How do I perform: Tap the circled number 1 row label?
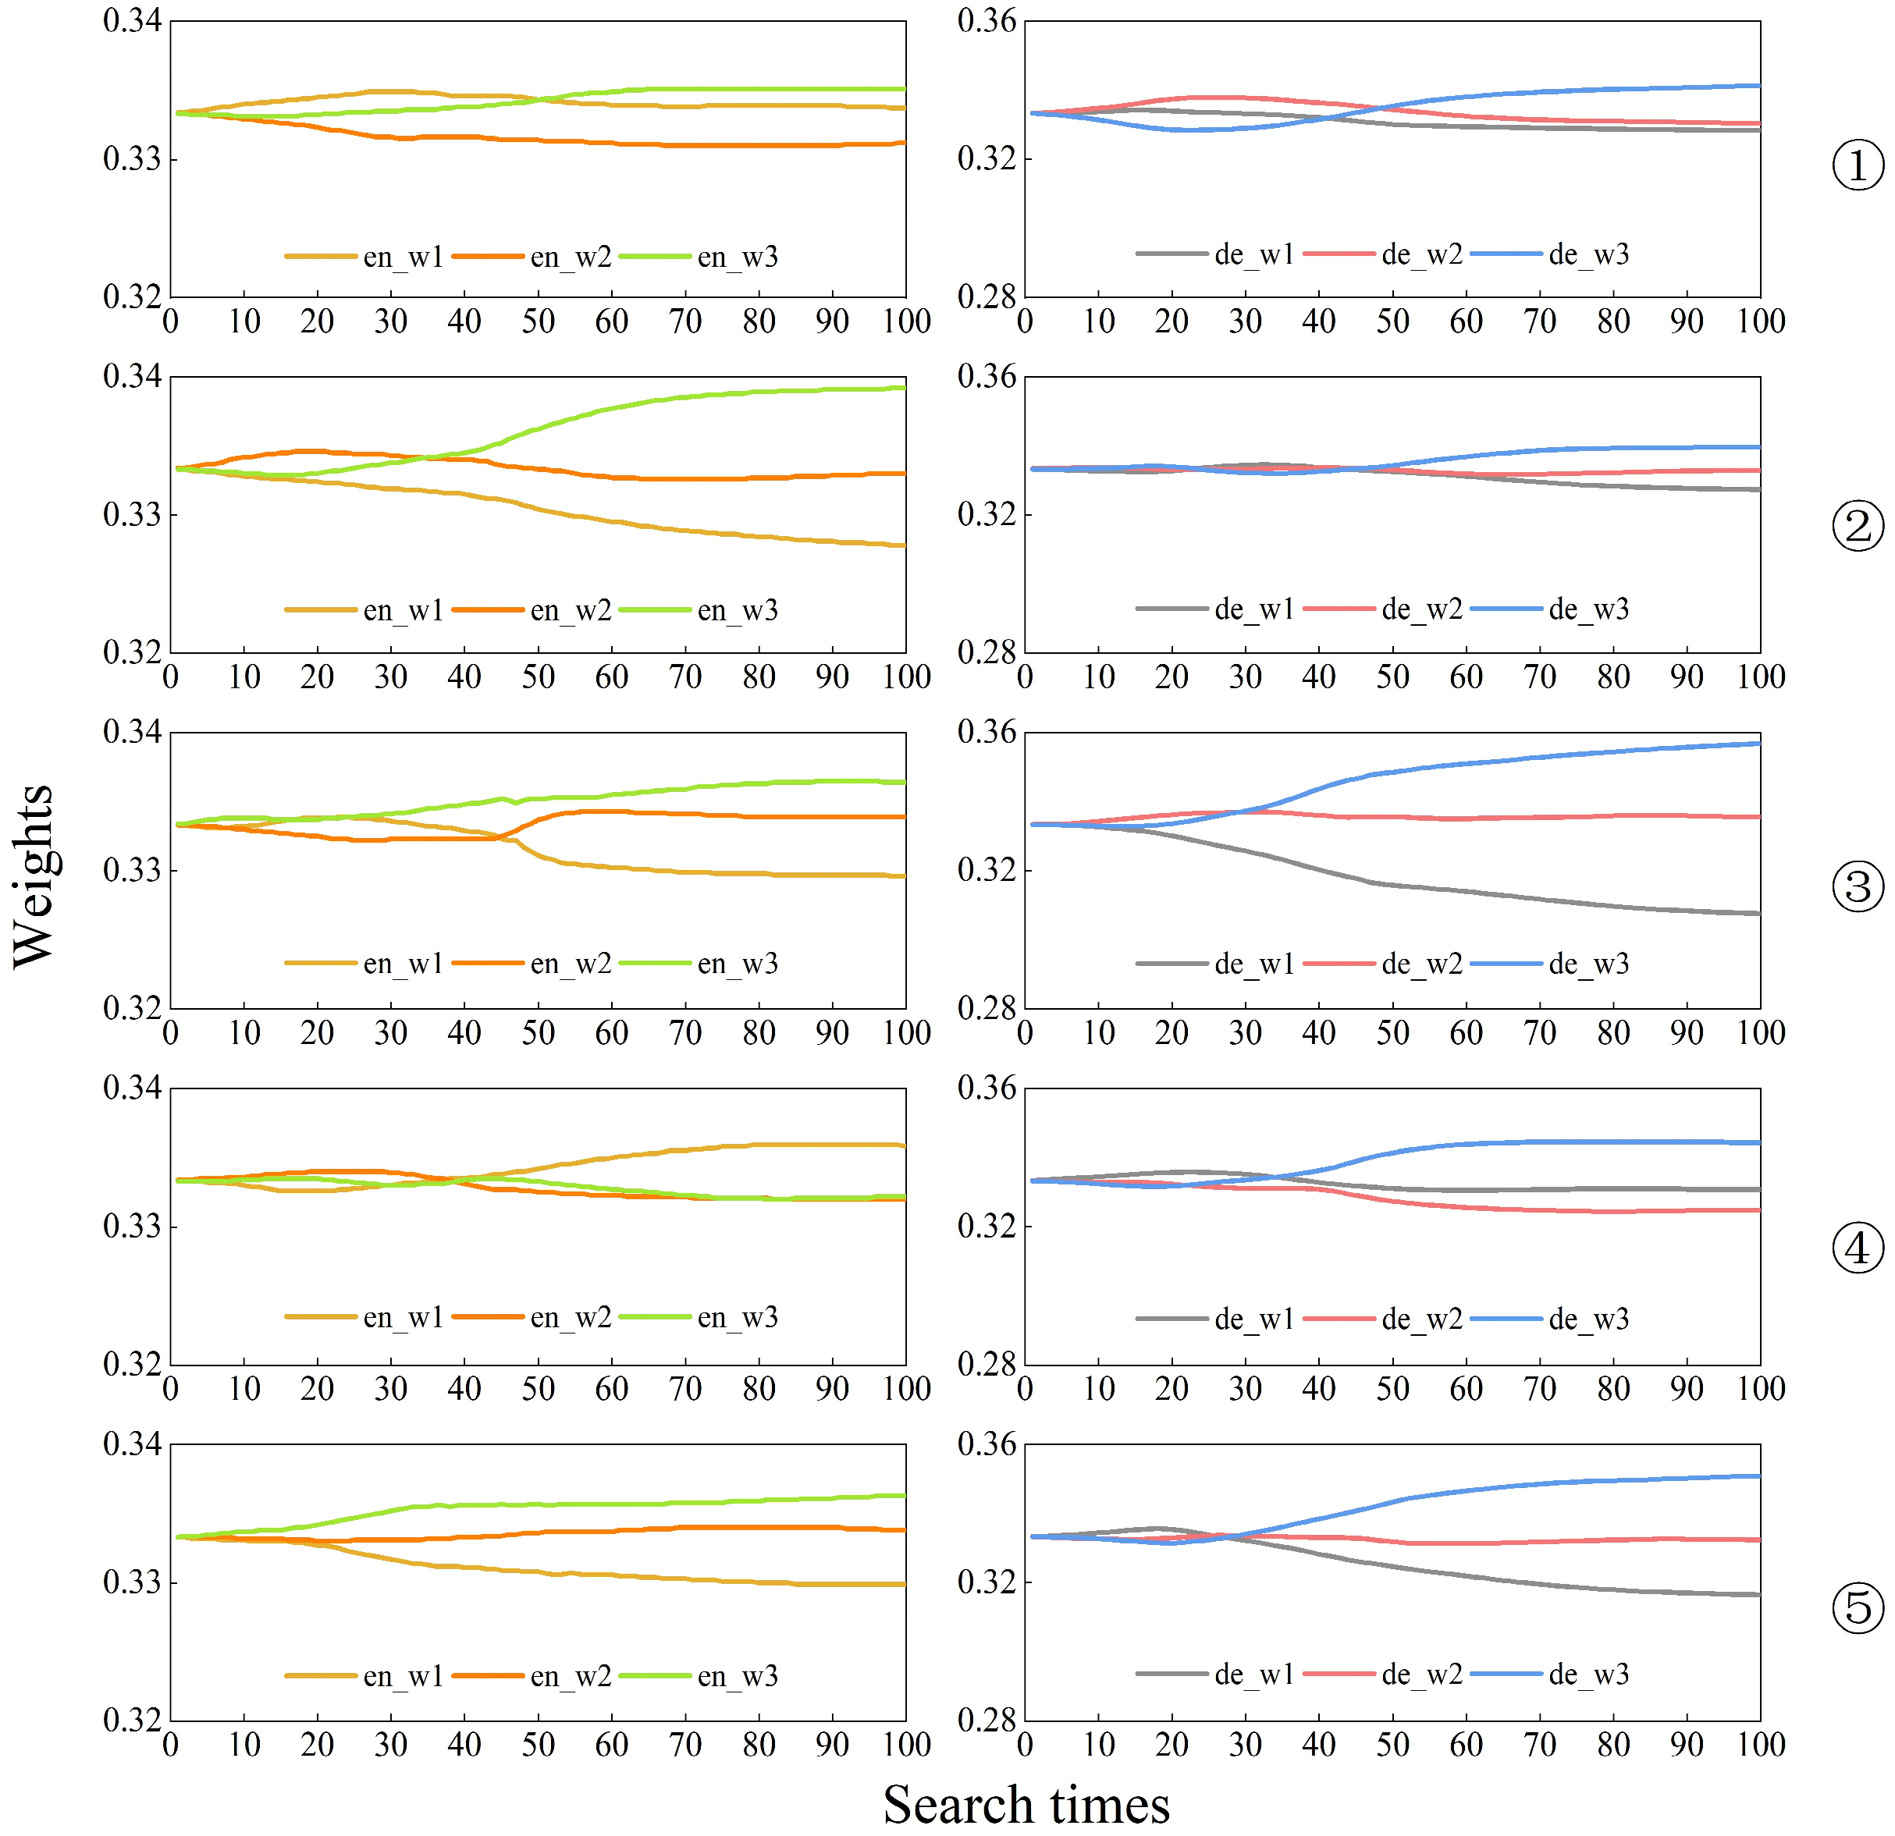pyautogui.click(x=1858, y=165)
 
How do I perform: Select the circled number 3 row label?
pyautogui.click(x=1858, y=886)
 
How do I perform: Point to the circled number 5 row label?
pyautogui.click(x=1858, y=1608)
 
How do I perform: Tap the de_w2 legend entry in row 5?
pyautogui.click(x=1421, y=1674)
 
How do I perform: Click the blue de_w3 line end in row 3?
pyautogui.click(x=1758, y=744)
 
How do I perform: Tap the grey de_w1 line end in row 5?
pyautogui.click(x=1758, y=1595)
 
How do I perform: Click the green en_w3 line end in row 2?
pyautogui.click(x=903, y=389)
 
